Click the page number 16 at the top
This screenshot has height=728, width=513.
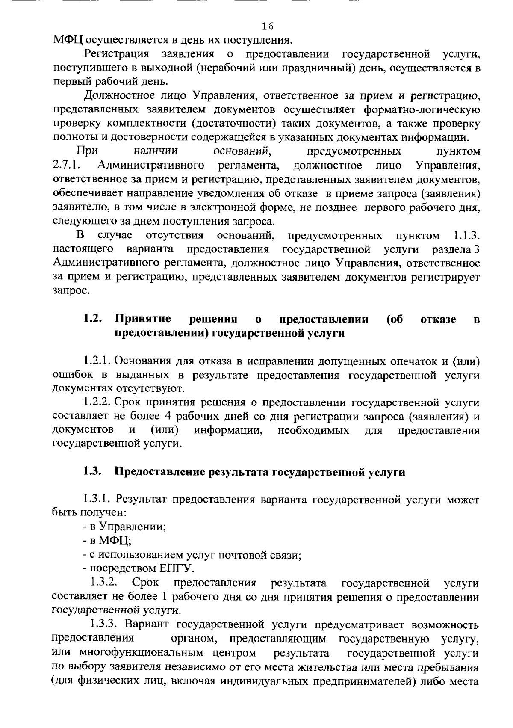pos(268,26)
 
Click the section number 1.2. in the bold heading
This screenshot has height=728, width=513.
pos(92,319)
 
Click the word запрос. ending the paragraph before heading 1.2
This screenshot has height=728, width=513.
pos(71,291)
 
